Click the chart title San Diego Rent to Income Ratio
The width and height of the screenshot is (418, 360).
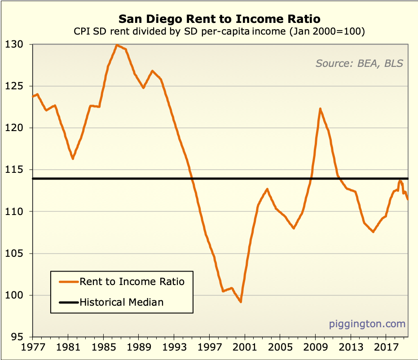pyautogui.click(x=220, y=19)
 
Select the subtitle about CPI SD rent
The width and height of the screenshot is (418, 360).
pyautogui.click(x=220, y=32)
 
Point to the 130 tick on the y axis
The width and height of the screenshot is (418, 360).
pyautogui.click(x=20, y=44)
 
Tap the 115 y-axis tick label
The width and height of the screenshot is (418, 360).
pyautogui.click(x=20, y=170)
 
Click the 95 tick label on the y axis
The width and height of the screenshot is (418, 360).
pyautogui.click(x=22, y=337)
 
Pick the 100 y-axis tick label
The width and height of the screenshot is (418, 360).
pyautogui.click(x=20, y=295)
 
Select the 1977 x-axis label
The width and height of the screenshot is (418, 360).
pyautogui.click(x=32, y=347)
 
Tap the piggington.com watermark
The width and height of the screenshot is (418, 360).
pyautogui.click(x=367, y=324)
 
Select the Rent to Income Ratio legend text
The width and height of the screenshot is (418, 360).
pyautogui.click(x=132, y=281)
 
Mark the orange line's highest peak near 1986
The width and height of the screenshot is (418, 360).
pyautogui.click(x=117, y=45)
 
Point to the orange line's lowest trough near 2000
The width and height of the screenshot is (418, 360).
pyautogui.click(x=241, y=302)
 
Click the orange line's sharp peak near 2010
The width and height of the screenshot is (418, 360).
pyautogui.click(x=320, y=109)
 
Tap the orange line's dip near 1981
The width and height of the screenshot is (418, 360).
pyautogui.click(x=73, y=158)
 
